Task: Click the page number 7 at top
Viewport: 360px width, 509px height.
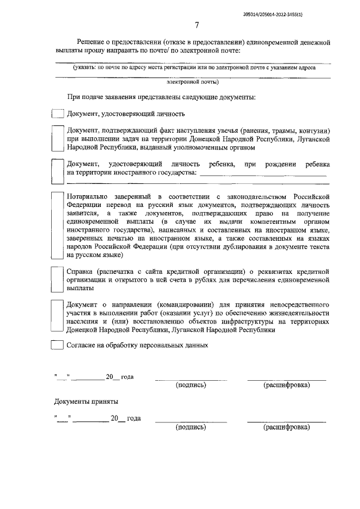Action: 197,25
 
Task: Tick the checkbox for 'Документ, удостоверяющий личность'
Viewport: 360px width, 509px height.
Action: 58,113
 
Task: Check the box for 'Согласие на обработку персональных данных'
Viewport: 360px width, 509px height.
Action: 58,345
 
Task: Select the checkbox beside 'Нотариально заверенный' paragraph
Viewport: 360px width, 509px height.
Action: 58,224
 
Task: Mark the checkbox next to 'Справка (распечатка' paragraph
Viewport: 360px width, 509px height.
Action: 58,278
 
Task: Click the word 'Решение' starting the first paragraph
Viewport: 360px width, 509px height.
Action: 91,42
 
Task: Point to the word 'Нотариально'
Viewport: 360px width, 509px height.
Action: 88,196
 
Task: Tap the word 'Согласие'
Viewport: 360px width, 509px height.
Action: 82,345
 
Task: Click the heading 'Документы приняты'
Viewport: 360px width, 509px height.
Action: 86,402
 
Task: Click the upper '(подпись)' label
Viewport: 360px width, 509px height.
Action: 191,385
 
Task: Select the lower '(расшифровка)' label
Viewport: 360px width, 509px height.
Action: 286,427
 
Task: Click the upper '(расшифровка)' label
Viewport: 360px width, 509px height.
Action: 286,385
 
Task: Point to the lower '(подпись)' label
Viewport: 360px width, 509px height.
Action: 191,427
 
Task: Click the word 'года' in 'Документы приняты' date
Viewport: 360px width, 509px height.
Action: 134,418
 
